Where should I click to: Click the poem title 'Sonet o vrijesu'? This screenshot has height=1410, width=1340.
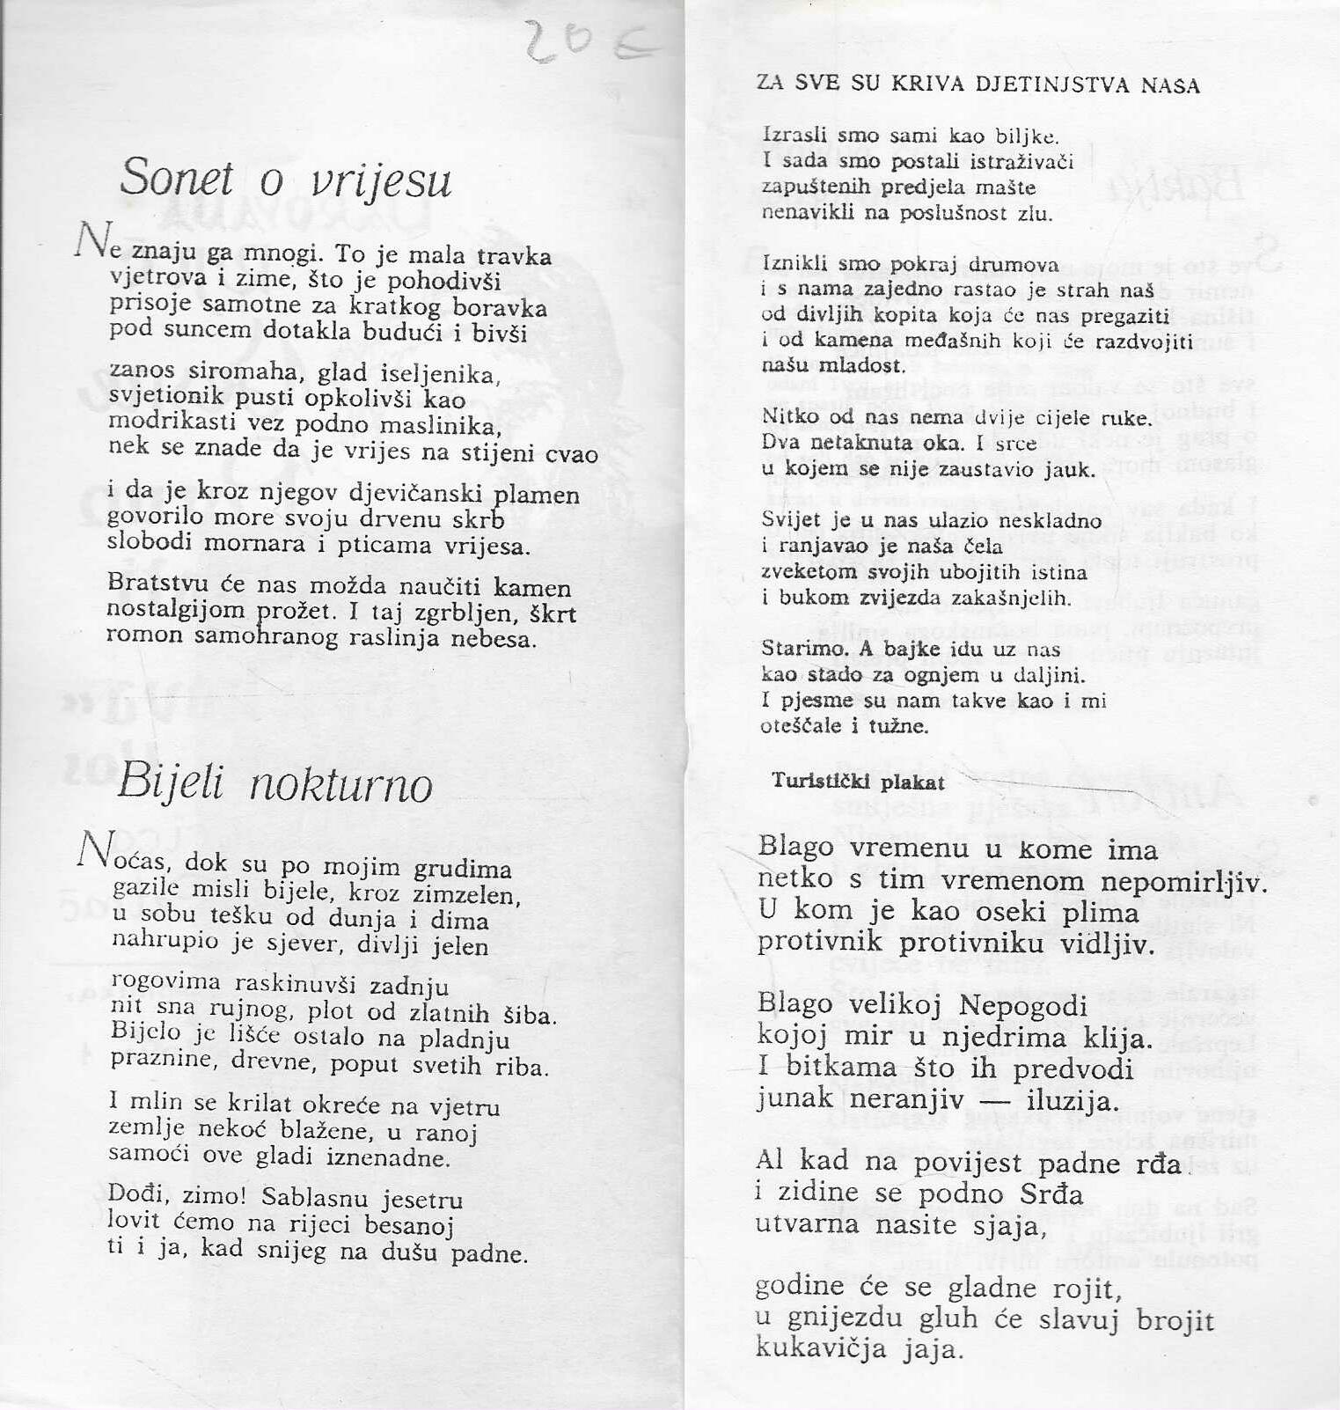(285, 180)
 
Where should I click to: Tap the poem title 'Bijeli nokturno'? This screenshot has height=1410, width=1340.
(275, 782)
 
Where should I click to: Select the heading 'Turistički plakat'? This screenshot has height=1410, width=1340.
(858, 782)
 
